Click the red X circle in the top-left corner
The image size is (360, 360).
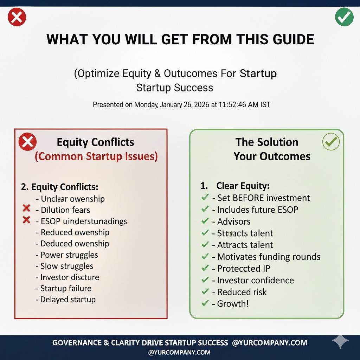point(17,17)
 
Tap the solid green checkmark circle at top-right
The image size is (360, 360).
point(344,17)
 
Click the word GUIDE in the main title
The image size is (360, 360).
point(294,39)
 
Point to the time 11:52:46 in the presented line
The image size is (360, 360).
point(232,105)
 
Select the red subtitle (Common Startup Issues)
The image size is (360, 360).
point(96,156)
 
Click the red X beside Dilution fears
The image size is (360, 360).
point(26,208)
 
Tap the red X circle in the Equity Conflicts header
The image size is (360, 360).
point(27,142)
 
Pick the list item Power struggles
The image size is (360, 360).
point(67,255)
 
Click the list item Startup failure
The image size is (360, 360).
point(64,288)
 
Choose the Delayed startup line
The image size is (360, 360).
point(66,300)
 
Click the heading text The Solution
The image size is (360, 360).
point(267,142)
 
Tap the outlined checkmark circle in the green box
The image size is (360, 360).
point(331,142)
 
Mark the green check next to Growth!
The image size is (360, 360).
point(205,303)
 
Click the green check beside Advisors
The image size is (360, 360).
point(205,221)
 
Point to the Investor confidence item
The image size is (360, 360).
point(253,280)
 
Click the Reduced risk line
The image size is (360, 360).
point(239,292)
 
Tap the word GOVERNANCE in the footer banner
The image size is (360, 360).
point(77,343)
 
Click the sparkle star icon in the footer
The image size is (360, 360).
point(340,341)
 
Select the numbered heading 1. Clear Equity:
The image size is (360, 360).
point(235,186)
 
